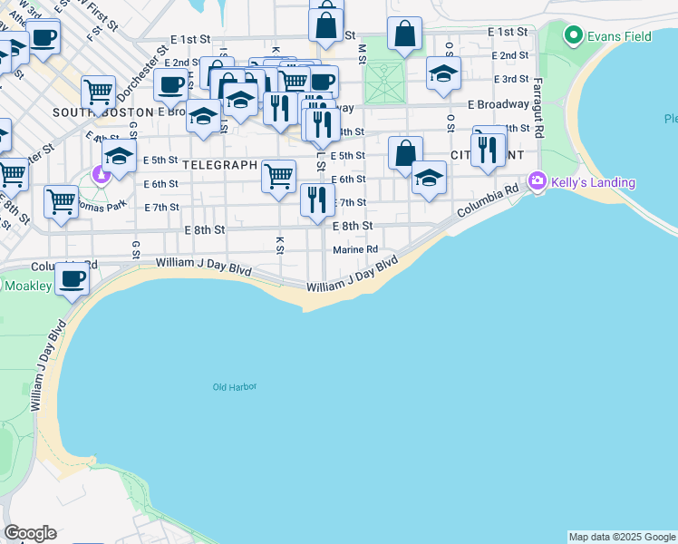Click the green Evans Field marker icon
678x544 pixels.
tap(573, 36)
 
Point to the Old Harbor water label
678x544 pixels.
tap(235, 387)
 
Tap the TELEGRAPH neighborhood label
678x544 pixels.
tap(220, 166)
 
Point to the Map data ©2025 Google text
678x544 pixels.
tap(622, 537)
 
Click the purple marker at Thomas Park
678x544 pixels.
tap(101, 175)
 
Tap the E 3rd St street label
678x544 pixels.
tap(510, 80)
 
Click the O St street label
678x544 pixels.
tap(450, 121)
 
